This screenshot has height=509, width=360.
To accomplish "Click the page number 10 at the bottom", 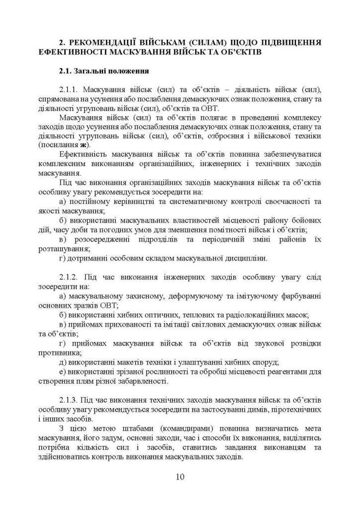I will click(180, 477).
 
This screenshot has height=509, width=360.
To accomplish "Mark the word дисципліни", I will click(244, 258).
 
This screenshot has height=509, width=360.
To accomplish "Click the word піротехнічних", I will click(297, 410).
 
